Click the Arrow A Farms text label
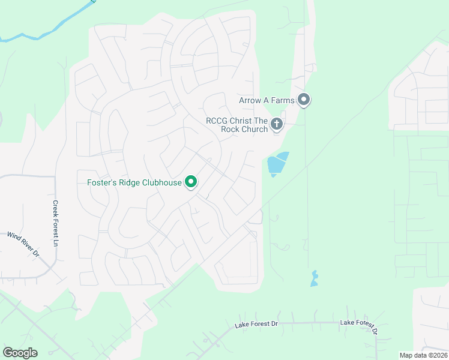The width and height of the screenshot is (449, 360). [x=267, y=100]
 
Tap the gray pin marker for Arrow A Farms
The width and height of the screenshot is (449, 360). [x=304, y=100]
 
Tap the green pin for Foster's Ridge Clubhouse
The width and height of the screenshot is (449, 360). [x=191, y=181]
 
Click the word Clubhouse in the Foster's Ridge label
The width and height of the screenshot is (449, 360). [x=161, y=182]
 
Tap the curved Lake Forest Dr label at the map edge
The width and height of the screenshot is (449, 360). [x=359, y=326]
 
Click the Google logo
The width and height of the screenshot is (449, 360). [x=20, y=352]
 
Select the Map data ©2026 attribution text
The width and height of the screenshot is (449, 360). [x=423, y=355]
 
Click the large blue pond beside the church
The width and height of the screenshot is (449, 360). [x=276, y=163]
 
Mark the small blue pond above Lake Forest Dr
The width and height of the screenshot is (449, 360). [x=314, y=279]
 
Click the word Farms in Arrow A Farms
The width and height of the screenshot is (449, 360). [x=283, y=100]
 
